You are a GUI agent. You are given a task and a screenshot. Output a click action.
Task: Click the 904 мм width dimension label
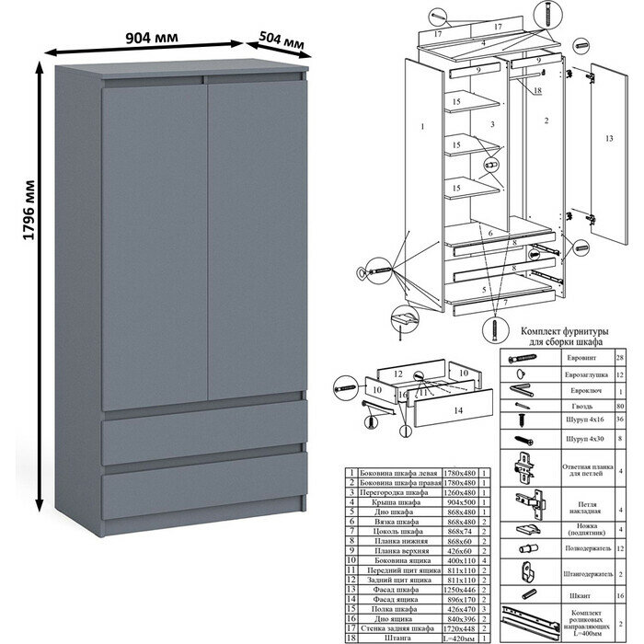point(153,38)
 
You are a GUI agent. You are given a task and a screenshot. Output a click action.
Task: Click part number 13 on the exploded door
point(608,137)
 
